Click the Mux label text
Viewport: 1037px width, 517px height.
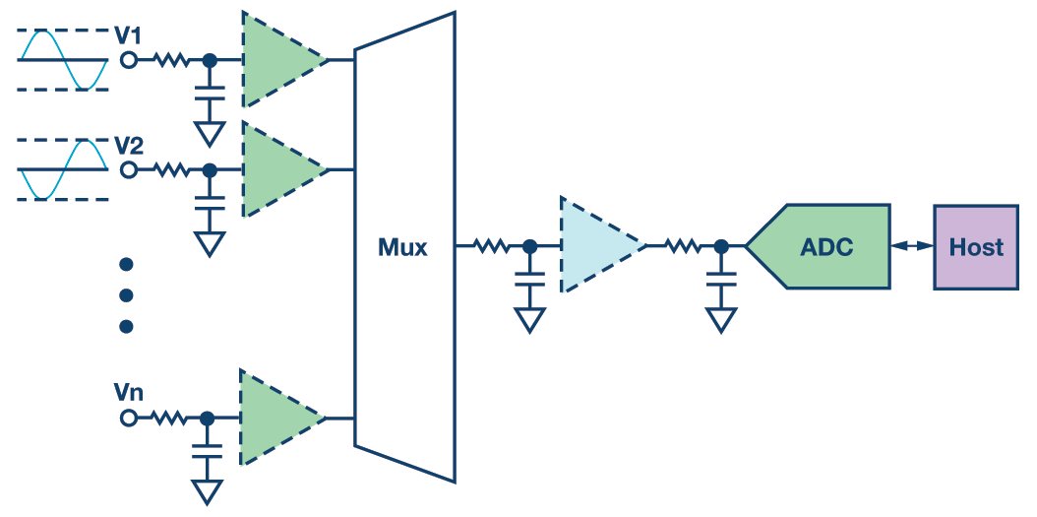pos(403,247)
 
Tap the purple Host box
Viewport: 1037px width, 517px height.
pos(976,246)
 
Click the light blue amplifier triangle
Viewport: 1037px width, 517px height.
pos(595,245)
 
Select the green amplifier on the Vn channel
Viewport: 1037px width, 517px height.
pos(275,418)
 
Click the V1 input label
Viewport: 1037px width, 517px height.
pos(129,36)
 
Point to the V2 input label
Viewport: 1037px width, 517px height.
pos(129,146)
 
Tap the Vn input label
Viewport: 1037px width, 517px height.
pos(128,393)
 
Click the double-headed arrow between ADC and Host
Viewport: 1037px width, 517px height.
pos(912,246)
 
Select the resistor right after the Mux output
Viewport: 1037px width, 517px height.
pos(493,246)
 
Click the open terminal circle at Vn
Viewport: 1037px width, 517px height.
pos(128,419)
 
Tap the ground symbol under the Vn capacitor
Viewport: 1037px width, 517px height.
pos(207,489)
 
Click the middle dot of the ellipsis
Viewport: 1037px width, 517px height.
pos(125,295)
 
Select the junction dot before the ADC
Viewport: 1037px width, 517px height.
pos(721,246)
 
